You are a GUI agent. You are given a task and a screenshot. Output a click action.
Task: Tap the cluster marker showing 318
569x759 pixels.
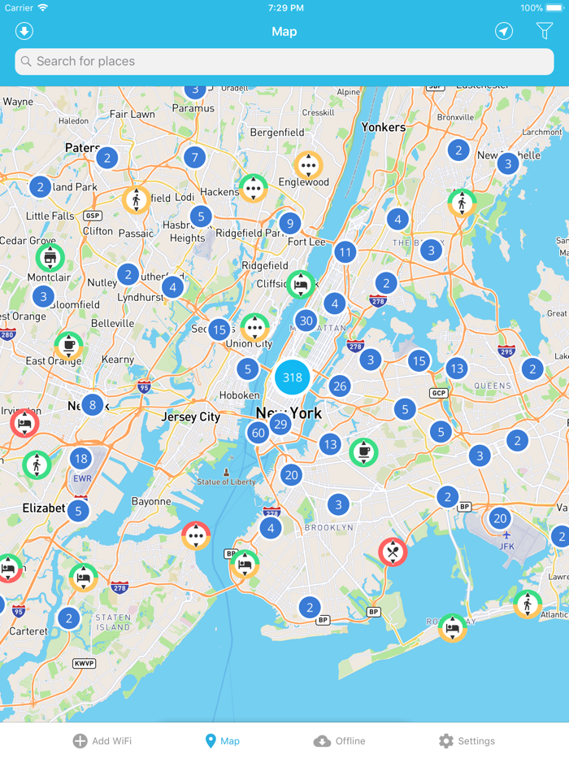[x=293, y=377]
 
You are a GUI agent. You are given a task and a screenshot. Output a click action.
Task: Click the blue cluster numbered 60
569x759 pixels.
[x=258, y=433]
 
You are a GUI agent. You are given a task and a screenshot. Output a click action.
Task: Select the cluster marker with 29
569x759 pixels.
[x=280, y=424]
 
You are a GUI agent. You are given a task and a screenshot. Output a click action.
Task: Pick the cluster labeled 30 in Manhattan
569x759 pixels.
[x=306, y=321]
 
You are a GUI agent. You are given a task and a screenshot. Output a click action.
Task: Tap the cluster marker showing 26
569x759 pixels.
[x=340, y=386]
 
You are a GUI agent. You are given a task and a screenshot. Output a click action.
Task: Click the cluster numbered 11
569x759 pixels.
[x=345, y=252]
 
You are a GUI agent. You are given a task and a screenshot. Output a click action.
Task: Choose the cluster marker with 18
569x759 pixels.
[x=80, y=460]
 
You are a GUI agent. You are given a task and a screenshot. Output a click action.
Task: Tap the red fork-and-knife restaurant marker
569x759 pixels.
[x=393, y=552]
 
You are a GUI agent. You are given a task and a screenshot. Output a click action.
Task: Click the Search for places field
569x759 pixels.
[x=284, y=61]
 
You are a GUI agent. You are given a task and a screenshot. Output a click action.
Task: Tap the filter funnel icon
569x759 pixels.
[x=544, y=31]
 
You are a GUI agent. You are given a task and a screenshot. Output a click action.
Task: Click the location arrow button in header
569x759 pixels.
[x=504, y=31]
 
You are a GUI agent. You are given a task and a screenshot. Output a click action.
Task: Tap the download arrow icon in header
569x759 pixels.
[x=24, y=31]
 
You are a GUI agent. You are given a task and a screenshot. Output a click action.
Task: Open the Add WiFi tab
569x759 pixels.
[x=102, y=741]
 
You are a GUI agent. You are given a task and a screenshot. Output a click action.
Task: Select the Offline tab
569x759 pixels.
[x=340, y=741]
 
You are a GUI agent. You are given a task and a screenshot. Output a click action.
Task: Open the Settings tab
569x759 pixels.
[x=467, y=741]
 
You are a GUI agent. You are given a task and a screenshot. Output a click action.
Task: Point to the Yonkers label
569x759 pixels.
[x=383, y=127]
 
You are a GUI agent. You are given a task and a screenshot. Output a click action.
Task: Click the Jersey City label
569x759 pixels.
[x=191, y=417]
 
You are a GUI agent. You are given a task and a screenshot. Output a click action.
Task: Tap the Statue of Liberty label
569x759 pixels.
[x=226, y=482]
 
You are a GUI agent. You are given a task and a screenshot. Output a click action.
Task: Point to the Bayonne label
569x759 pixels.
[x=151, y=501]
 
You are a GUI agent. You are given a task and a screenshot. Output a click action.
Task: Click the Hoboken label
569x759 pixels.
[x=240, y=395]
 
